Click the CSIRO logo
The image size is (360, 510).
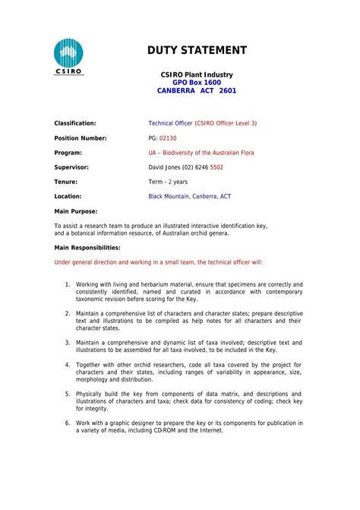[68, 56]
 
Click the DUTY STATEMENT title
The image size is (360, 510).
[197, 50]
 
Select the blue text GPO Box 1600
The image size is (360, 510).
[197, 81]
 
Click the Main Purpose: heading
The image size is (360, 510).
[76, 211]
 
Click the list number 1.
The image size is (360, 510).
[67, 284]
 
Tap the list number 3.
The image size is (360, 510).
[67, 343]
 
